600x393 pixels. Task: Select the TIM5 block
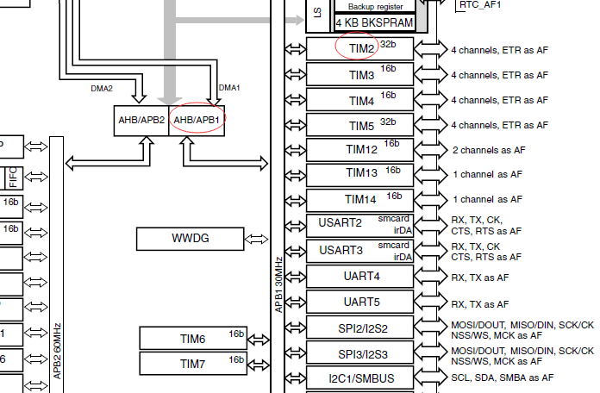click(360, 125)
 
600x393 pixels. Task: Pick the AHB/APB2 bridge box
click(141, 120)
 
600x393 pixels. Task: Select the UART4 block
click(360, 276)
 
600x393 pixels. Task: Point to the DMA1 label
click(229, 88)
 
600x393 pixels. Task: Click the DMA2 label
click(102, 88)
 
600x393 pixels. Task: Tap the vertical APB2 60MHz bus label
click(57, 350)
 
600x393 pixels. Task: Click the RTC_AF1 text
click(481, 4)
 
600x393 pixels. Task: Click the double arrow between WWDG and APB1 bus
click(256, 238)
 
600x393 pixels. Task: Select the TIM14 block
click(360, 199)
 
